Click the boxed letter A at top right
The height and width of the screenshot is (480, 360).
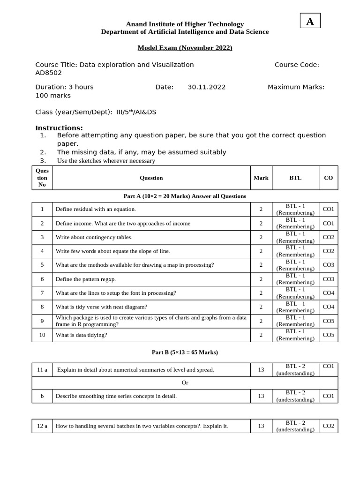[x=310, y=21]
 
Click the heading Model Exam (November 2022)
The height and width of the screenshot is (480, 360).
[x=185, y=48]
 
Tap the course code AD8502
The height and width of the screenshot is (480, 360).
[x=49, y=73]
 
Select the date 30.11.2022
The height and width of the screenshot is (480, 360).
[x=206, y=87]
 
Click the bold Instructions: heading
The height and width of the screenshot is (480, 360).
[x=59, y=128]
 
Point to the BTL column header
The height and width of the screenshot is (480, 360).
[x=295, y=178]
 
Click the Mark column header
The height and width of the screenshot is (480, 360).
[x=261, y=178]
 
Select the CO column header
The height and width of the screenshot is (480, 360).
[x=328, y=178]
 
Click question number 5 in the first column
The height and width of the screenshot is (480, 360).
[x=42, y=265]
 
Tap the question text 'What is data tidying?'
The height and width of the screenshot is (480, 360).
[x=81, y=335]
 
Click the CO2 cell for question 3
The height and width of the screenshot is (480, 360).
[x=328, y=237]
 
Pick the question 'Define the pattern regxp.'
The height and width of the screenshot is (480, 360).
[x=86, y=279]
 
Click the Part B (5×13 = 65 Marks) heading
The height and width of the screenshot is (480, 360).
[x=185, y=352]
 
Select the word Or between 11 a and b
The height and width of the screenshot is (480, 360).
[x=185, y=382]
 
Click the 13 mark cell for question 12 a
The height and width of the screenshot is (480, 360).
[x=261, y=426]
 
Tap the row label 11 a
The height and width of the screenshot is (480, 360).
[x=42, y=369]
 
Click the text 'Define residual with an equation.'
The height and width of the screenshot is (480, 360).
[x=96, y=209]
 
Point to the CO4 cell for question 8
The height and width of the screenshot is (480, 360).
[x=328, y=307]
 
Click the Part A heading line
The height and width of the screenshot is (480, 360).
[x=185, y=196]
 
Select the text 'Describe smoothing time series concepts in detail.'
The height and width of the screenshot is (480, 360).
[x=116, y=396]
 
